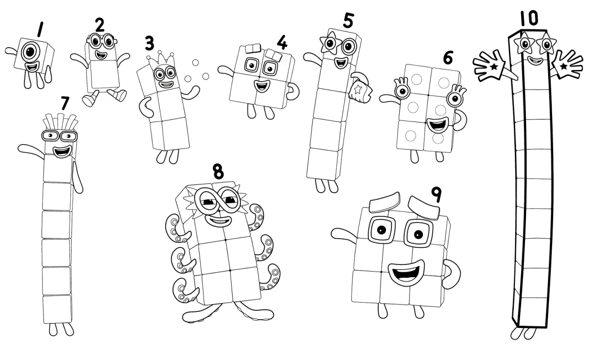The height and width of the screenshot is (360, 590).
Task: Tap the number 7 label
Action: pos(65,103)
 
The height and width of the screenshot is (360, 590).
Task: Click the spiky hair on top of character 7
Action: pos(59,121)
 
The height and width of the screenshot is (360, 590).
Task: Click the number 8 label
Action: pos(218,172)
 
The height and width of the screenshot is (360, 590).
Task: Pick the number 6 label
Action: pos(447,58)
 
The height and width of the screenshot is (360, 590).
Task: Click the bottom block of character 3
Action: pos(170,134)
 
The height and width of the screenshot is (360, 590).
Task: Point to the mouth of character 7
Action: pos(62,152)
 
